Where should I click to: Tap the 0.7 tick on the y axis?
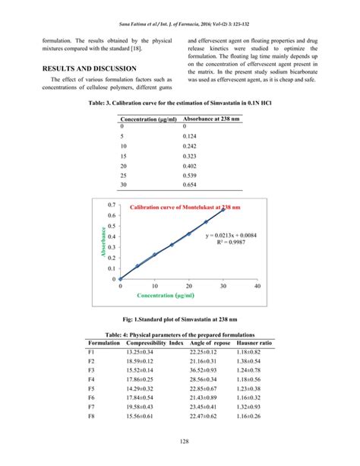pos(112,205)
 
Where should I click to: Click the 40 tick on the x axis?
pos(257,287)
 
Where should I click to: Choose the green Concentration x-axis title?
pos(186,296)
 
